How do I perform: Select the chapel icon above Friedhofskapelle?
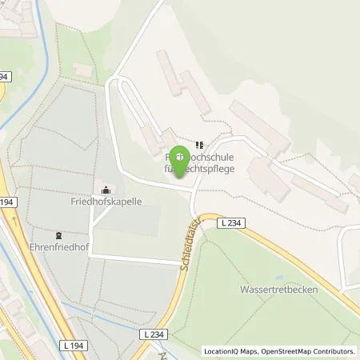(106, 190)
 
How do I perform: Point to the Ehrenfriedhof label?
(58, 248)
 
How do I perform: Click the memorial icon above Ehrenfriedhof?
(58, 235)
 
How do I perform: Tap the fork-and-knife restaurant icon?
(198, 145)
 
